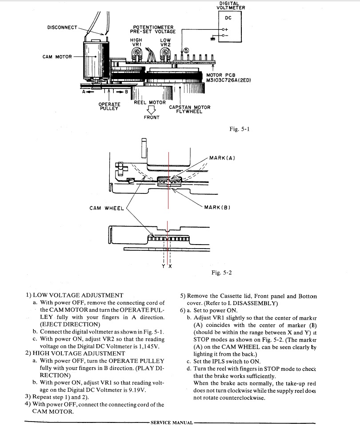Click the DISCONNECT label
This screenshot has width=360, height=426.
62,27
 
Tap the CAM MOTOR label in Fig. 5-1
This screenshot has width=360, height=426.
57,57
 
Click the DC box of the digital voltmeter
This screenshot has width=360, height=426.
230,27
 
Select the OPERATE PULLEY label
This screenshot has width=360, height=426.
109,107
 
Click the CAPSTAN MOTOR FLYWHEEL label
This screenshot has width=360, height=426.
190,109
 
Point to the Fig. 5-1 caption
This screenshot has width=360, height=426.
240,129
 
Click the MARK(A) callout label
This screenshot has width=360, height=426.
222,158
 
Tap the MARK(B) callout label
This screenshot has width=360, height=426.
217,207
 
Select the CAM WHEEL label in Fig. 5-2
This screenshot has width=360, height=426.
107,208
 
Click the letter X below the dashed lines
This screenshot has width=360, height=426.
170,266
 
